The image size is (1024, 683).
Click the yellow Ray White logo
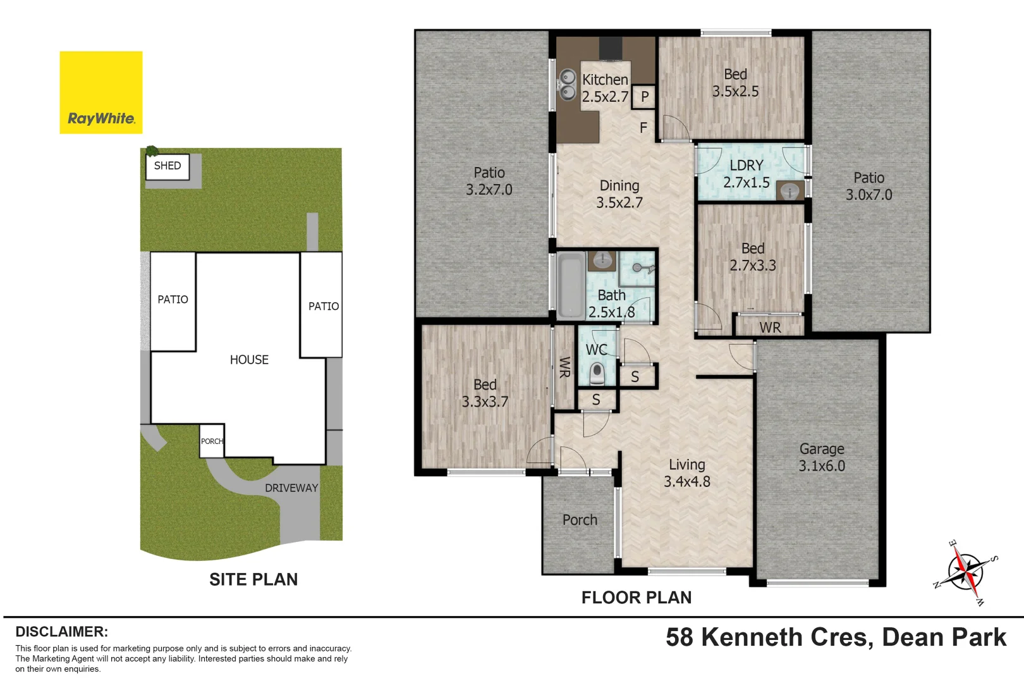101,92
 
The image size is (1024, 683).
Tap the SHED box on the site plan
168,166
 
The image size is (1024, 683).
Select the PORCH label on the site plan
212,441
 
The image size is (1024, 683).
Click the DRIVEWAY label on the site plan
291,488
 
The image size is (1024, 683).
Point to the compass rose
966,572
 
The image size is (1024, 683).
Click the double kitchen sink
568,85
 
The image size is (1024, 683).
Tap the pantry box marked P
645,97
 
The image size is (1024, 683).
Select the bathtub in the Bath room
571,285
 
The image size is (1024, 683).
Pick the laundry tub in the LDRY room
790,190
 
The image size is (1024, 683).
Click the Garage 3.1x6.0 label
822,457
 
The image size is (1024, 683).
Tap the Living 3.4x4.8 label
687,473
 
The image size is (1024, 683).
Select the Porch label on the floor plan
580,520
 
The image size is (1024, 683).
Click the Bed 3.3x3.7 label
485,393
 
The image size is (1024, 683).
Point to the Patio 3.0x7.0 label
869,187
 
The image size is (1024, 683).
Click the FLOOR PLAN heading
637,598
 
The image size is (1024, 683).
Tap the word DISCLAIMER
61,632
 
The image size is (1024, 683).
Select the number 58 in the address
680,637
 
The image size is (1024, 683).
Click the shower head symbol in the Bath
640,268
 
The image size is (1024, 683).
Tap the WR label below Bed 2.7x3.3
770,328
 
